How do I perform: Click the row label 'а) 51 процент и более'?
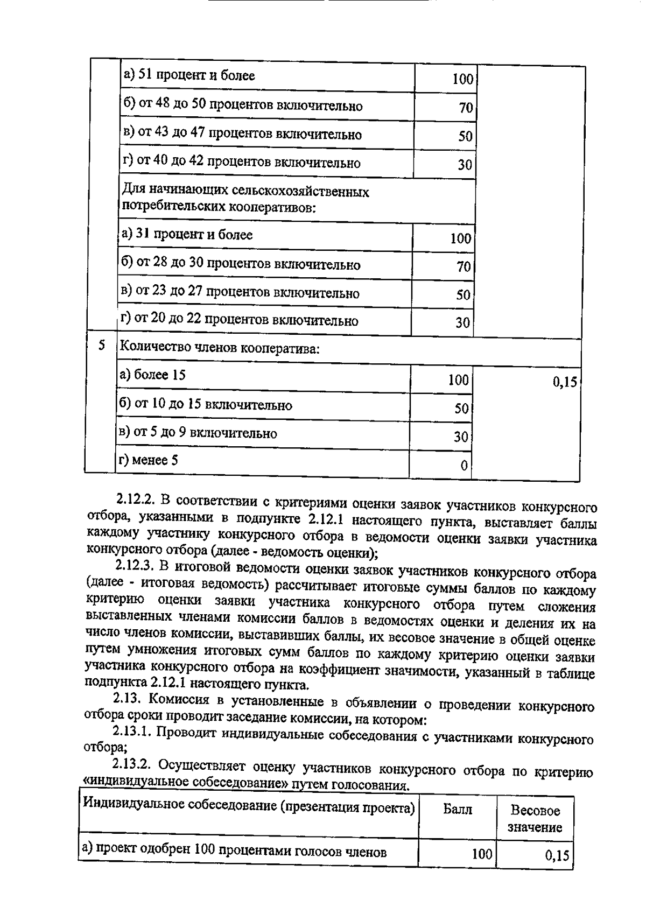[189, 75]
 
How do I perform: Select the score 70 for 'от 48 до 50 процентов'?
[466, 108]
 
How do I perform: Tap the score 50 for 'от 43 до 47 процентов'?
[465, 136]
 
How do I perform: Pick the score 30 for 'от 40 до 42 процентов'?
[465, 164]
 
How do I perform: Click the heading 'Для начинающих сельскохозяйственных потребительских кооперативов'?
[246, 200]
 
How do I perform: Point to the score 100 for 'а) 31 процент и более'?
[461, 238]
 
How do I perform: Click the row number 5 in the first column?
[102, 346]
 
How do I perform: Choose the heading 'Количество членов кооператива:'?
[220, 348]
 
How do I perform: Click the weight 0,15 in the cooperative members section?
[565, 382]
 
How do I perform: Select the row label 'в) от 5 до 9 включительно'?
[198, 433]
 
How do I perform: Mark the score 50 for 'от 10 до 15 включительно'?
[461, 408]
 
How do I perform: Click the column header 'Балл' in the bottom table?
[458, 809]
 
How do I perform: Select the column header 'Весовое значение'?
[535, 819]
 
